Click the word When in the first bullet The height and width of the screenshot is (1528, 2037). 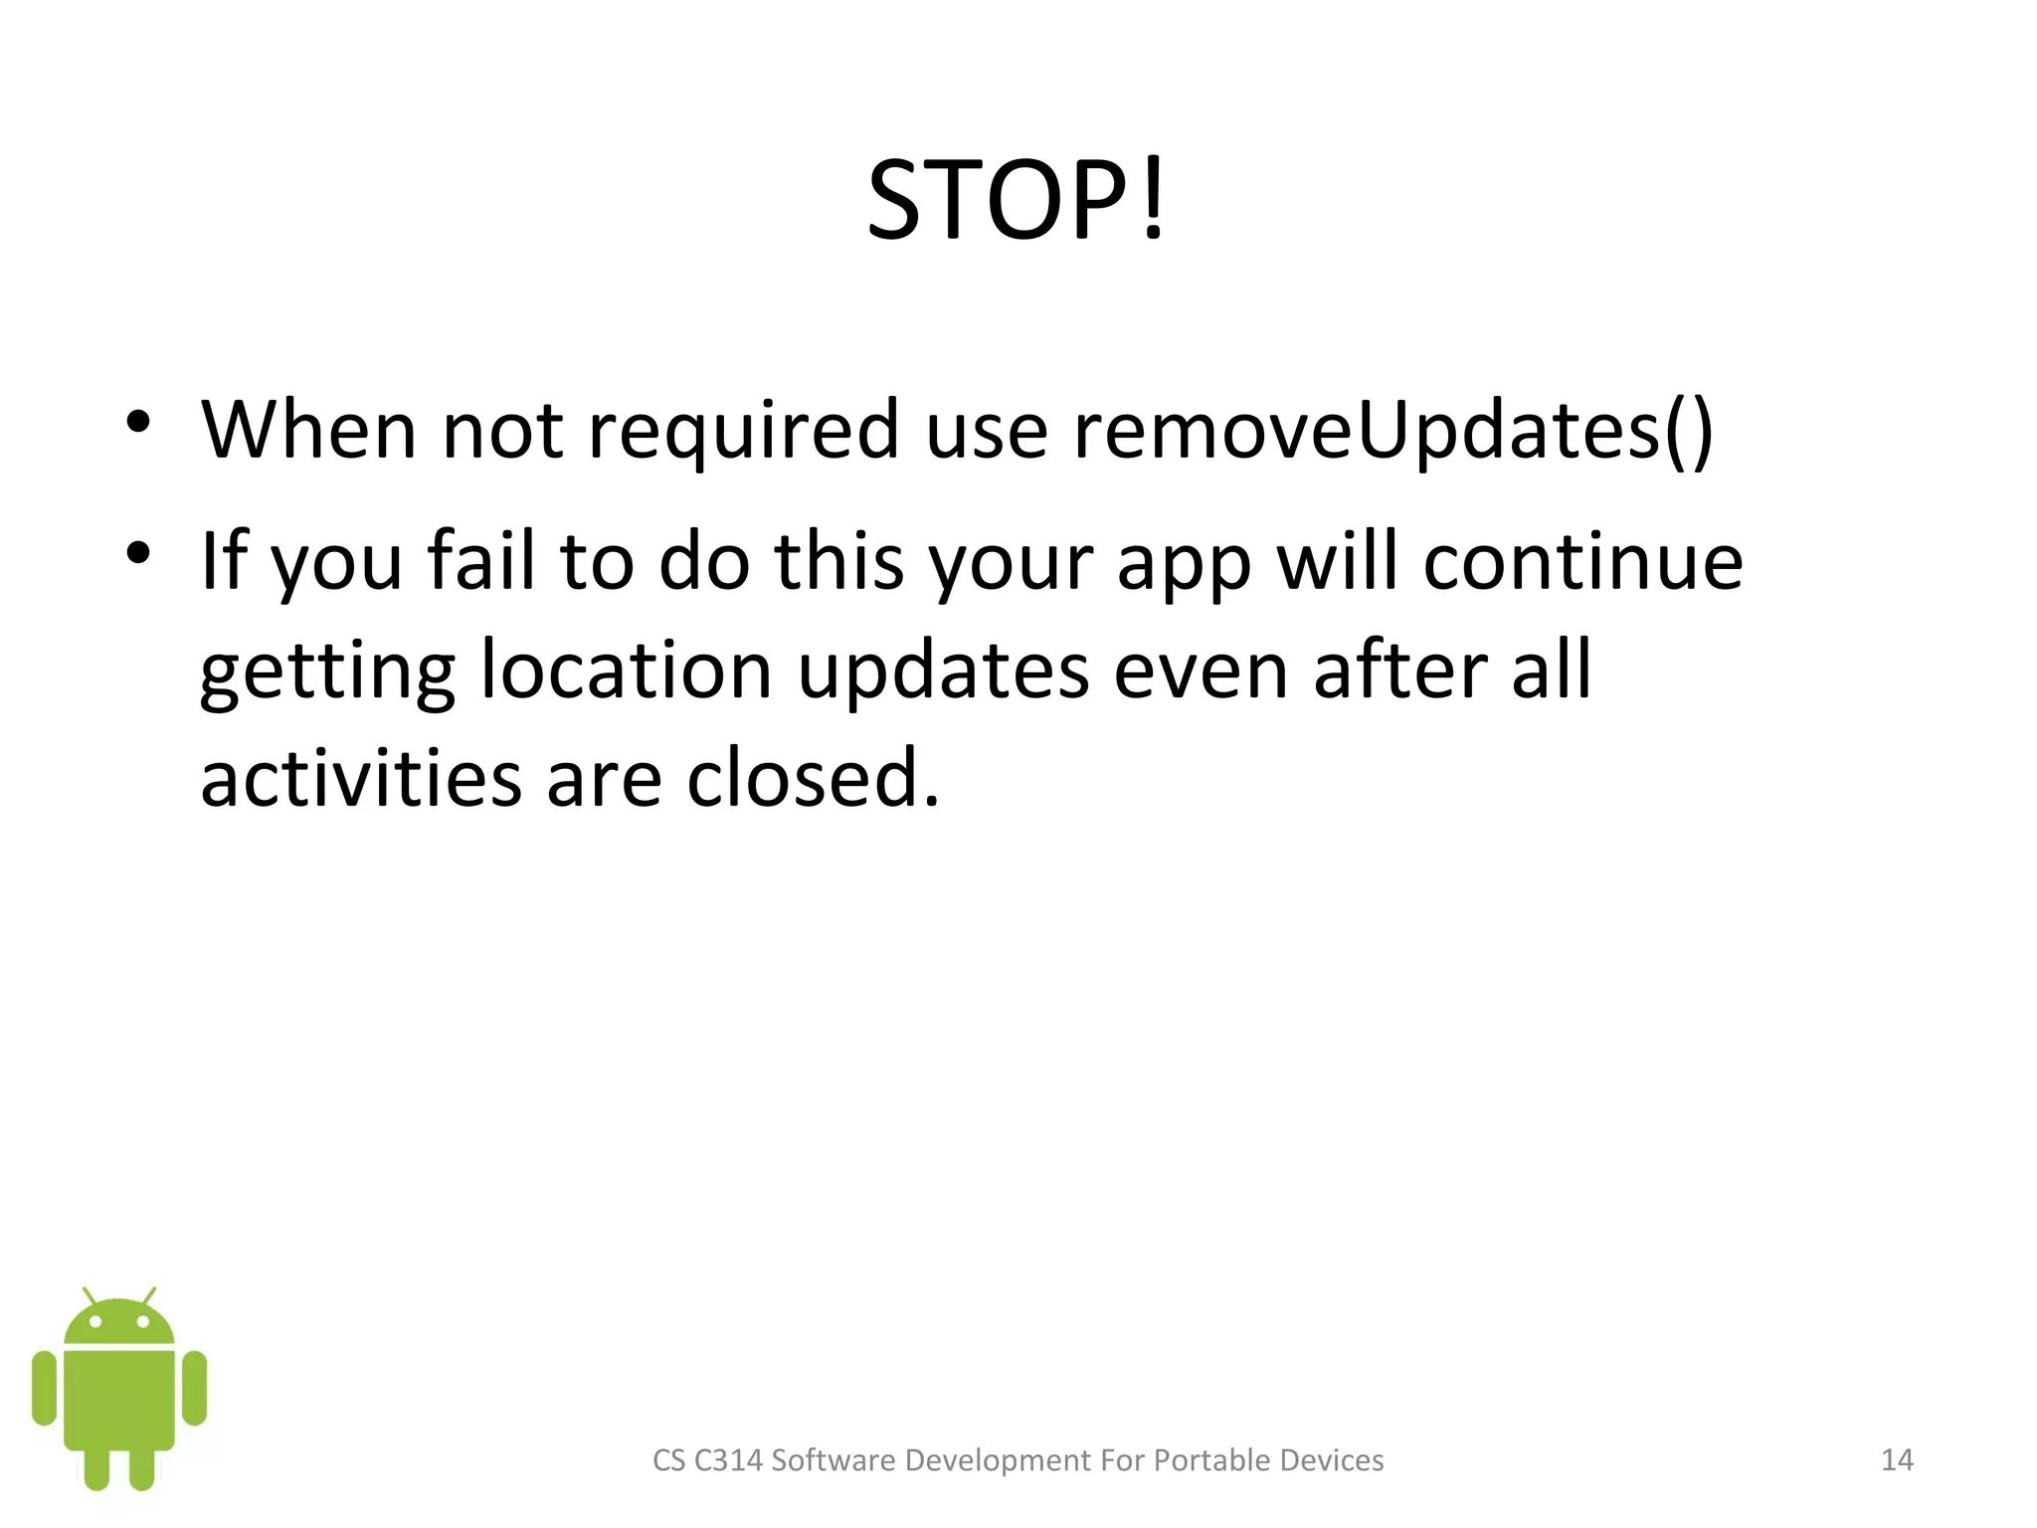(309, 430)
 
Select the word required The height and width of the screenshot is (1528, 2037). (745, 432)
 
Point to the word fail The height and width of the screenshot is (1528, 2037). (481, 561)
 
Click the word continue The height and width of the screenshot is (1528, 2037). (1582, 561)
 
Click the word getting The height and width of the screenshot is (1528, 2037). (327, 671)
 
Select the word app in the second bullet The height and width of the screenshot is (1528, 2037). (1184, 563)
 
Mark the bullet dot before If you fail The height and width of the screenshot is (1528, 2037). (138, 552)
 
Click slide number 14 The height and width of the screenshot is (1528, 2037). (1897, 1459)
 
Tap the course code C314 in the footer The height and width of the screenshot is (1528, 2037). (728, 1459)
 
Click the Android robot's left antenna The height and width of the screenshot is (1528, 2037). (90, 1296)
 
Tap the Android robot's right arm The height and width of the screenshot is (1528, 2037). (195, 1388)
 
